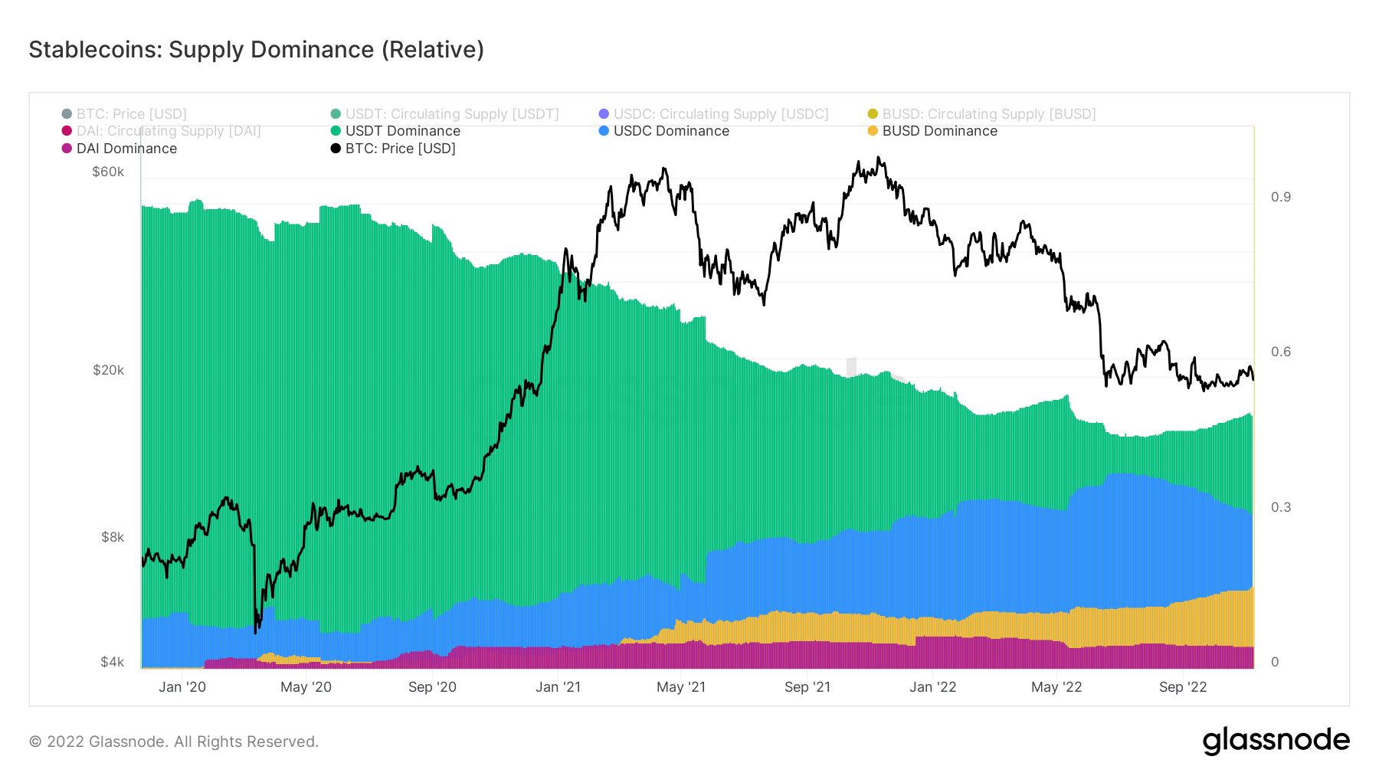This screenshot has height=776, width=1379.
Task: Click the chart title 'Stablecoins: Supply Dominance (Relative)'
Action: [256, 50]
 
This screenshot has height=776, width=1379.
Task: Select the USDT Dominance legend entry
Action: [402, 131]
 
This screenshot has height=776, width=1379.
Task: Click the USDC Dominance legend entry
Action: [670, 131]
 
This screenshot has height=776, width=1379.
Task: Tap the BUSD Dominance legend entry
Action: [939, 131]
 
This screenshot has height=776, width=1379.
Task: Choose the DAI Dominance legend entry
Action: [126, 149]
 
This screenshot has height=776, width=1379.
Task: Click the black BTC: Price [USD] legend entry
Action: [400, 149]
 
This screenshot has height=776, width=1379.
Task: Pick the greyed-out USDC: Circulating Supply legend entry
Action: [720, 114]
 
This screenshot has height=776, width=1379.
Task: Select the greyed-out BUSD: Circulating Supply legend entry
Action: [988, 114]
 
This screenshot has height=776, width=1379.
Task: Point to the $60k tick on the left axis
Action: [108, 172]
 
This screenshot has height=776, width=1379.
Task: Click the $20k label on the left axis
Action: [108, 370]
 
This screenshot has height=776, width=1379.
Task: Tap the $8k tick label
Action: [112, 537]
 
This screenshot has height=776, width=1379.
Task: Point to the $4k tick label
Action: [112, 662]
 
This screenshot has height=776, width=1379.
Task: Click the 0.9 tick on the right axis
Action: [1280, 197]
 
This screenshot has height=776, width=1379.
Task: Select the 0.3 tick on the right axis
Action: [1280, 507]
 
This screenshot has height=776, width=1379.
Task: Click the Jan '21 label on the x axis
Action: [558, 687]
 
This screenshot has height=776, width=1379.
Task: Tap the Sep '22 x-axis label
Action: [1182, 687]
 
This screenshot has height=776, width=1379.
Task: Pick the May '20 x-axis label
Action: [306, 687]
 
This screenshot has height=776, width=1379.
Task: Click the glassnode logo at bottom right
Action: [1276, 741]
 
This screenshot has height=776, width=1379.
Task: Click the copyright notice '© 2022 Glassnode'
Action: [174, 742]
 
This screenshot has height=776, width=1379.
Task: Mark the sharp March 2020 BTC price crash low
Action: [255, 631]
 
